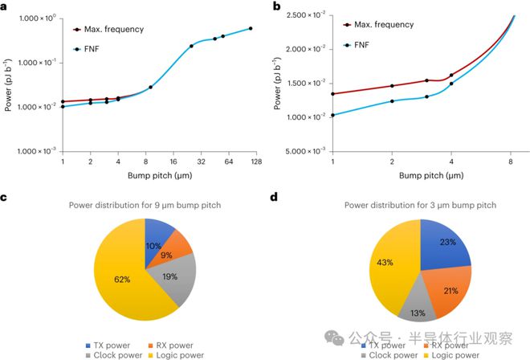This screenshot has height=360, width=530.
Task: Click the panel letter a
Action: tap(6, 7)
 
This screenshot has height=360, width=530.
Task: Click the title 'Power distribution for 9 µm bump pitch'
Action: tap(144, 205)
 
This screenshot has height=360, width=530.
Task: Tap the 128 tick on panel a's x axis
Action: tap(255, 161)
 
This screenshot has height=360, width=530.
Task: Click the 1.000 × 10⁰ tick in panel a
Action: tap(35, 18)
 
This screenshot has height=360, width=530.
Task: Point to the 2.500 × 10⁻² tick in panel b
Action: tap(308, 15)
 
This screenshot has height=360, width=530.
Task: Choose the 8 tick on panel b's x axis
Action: tap(511, 161)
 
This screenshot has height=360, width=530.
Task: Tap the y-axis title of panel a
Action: tap(8, 84)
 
